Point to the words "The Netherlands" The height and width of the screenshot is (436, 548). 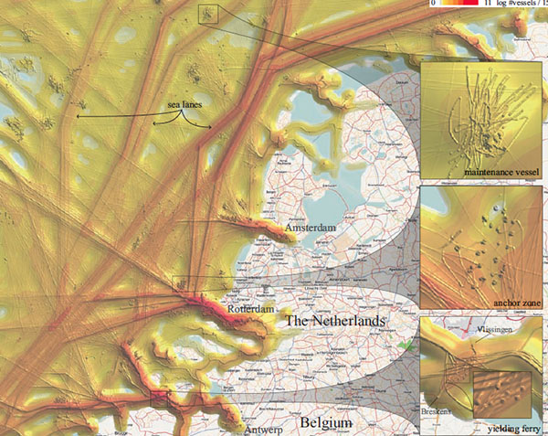(x=334, y=323)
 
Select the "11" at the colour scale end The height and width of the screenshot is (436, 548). (x=490, y=4)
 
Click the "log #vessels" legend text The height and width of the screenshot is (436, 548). (x=518, y=4)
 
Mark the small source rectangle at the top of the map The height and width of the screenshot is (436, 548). (x=208, y=13)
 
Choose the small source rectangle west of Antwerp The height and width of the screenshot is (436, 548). (x=159, y=398)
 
